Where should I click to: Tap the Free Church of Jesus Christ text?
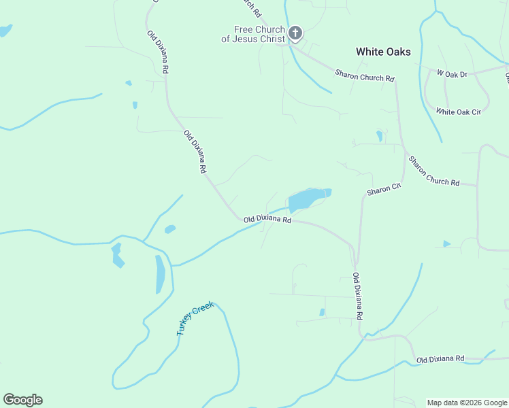point(252,34)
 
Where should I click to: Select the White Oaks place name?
point(383,52)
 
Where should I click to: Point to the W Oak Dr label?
point(452,73)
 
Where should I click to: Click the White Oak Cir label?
point(459,111)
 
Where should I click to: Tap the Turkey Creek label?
point(195,318)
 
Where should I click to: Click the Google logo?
point(22,400)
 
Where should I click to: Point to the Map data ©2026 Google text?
point(466,403)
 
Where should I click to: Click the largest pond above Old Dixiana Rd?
point(308,199)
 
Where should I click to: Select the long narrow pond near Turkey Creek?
point(160,274)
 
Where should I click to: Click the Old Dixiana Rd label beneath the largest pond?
point(267,220)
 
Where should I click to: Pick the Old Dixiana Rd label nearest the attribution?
point(440,358)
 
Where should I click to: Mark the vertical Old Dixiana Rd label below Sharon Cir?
point(357,296)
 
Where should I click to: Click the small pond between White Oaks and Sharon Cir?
point(379,136)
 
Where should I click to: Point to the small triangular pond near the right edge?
point(446,243)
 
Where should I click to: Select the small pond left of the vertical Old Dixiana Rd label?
point(322,313)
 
